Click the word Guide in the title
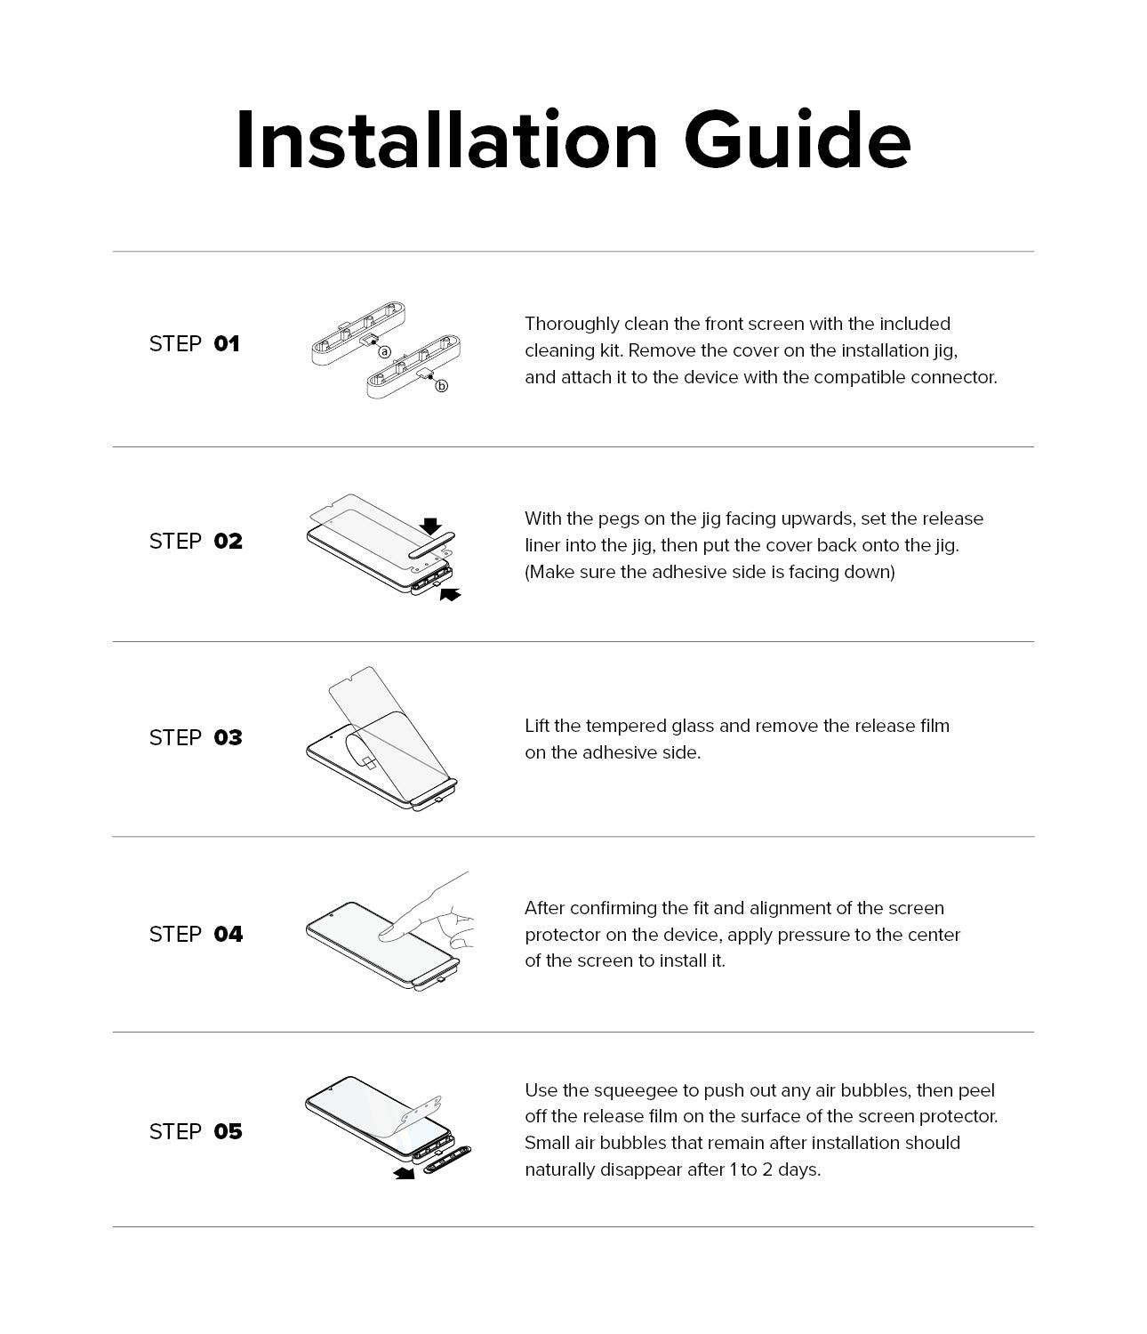point(797,142)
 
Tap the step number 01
point(227,344)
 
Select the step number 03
point(228,738)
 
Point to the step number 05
point(228,1132)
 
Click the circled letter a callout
point(385,352)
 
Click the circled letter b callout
point(442,386)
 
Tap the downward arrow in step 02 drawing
point(431,526)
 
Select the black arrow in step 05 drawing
point(405,1174)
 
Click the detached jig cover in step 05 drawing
point(448,1161)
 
